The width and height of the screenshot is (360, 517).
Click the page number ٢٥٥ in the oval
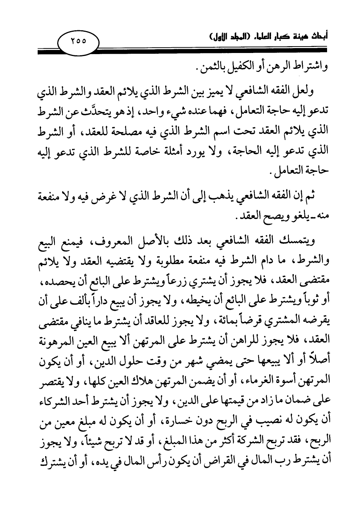tap(78, 40)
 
